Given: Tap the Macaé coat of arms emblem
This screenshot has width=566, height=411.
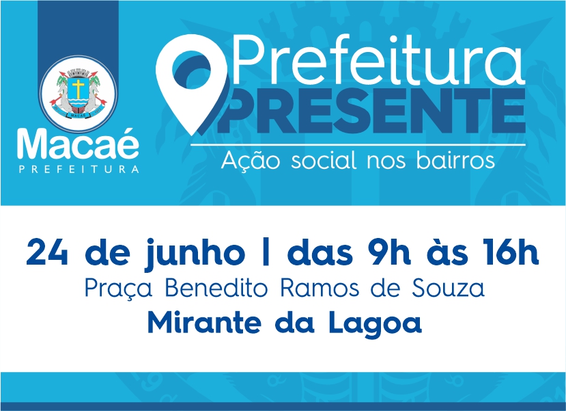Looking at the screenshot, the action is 78,93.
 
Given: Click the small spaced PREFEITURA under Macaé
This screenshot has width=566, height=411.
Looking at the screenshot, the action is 79,169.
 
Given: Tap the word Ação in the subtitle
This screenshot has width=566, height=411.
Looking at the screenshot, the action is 250,160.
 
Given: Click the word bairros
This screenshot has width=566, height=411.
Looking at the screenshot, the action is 455,160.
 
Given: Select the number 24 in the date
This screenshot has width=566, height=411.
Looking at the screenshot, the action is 47,252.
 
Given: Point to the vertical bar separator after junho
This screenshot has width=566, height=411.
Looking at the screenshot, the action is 266,252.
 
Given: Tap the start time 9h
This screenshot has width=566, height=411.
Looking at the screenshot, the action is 389,252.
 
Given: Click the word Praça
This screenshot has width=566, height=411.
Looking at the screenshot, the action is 118,289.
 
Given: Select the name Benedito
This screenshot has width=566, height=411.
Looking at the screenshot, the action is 216,288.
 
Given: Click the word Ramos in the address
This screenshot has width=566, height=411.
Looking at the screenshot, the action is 320,289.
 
